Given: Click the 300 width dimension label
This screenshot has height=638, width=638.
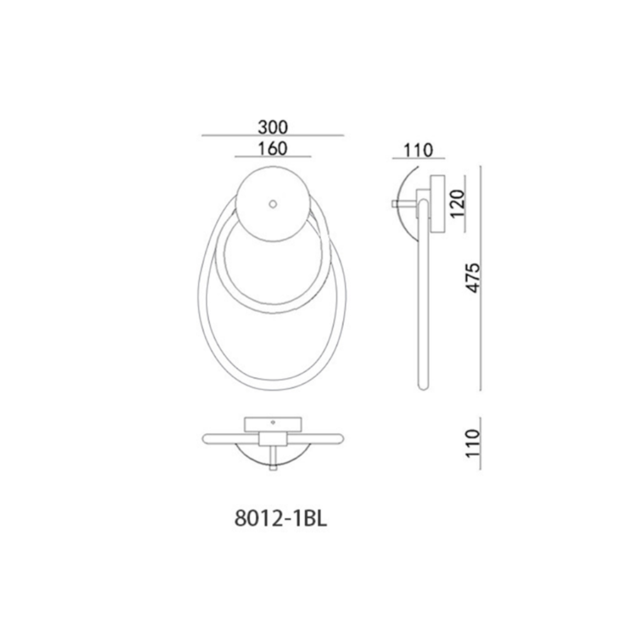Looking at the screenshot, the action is [x=273, y=128].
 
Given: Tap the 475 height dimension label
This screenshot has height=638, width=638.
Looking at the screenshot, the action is [x=474, y=278].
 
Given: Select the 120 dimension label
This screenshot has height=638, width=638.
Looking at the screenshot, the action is [x=457, y=203].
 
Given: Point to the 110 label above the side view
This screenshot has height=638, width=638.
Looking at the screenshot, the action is [x=418, y=150].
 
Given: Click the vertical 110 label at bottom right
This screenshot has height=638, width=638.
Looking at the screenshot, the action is [x=474, y=444].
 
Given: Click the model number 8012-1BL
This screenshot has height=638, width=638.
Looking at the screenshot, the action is [x=281, y=519].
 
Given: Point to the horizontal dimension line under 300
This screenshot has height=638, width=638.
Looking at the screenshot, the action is [x=273, y=135].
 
